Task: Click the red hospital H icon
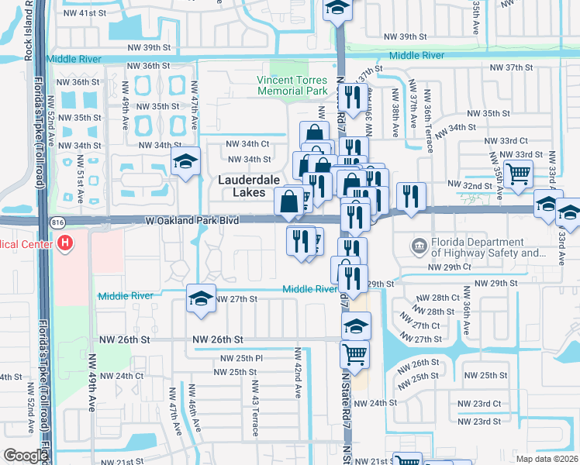[x=66, y=243]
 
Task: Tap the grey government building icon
[x=419, y=246]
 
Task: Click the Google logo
[x=25, y=456]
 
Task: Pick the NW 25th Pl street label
[x=242, y=358]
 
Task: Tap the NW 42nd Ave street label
[x=297, y=373]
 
